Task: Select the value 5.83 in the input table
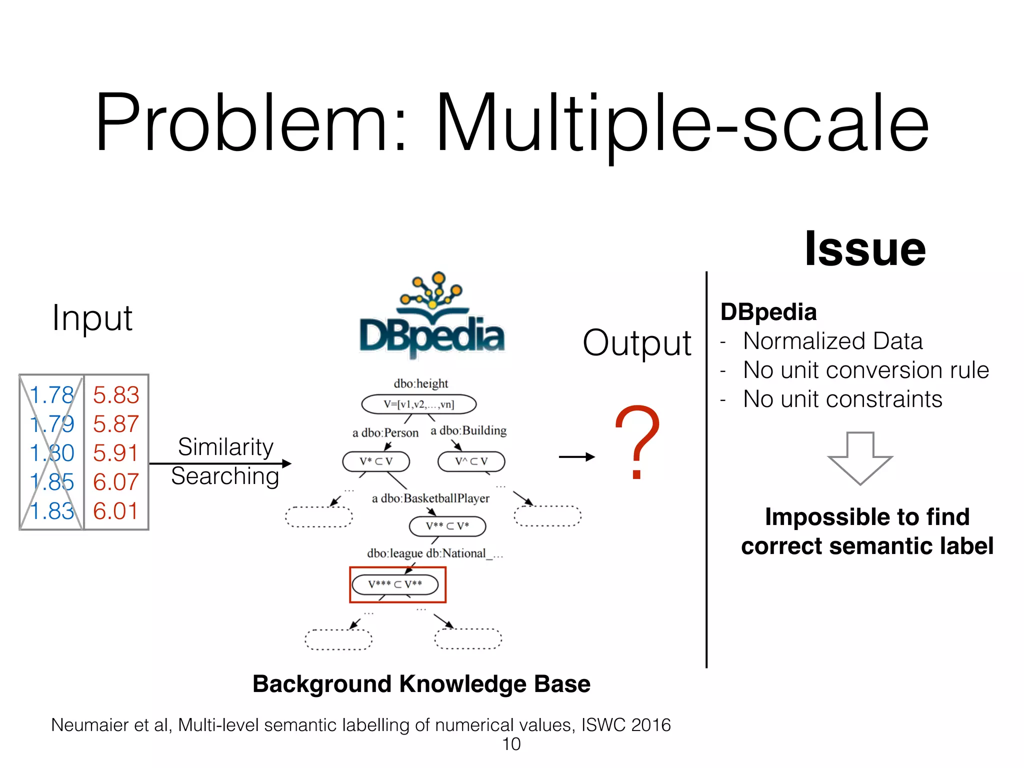(116, 395)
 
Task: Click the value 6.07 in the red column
(116, 482)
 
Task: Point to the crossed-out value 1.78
(51, 395)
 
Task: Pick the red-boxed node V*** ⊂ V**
(395, 584)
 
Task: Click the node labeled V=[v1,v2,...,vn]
(419, 404)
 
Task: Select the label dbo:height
(420, 383)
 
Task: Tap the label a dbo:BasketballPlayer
(430, 498)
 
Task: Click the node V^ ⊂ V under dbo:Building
(471, 461)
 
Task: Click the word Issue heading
(865, 249)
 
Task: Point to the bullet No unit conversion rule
(865, 370)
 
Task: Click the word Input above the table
(92, 318)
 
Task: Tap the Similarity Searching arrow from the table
(220, 463)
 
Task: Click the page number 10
(511, 744)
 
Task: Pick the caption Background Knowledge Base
(421, 684)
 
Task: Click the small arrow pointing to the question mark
(576, 456)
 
